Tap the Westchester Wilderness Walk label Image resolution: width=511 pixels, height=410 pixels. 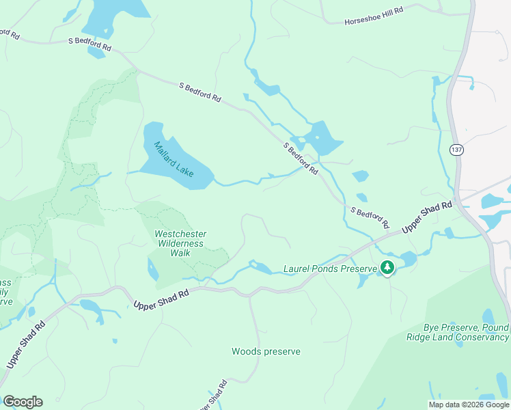pyautogui.click(x=181, y=243)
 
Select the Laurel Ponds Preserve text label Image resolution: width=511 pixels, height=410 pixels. pyautogui.click(x=330, y=269)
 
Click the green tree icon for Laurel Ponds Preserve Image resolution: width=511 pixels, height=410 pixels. pyautogui.click(x=388, y=267)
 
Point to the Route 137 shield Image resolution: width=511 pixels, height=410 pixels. pyautogui.click(x=456, y=149)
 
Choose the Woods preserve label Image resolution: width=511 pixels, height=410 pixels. pyautogui.click(x=266, y=351)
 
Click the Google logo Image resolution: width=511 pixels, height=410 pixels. pyautogui.click(x=23, y=402)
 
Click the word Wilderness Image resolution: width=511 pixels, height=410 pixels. pyautogui.click(x=182, y=243)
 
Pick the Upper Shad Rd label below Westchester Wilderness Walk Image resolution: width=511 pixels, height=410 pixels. pyautogui.click(x=161, y=299)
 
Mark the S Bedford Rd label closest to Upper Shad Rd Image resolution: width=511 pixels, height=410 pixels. pyautogui.click(x=369, y=217)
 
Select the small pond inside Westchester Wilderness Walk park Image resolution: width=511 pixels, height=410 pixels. pyautogui.click(x=152, y=269)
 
